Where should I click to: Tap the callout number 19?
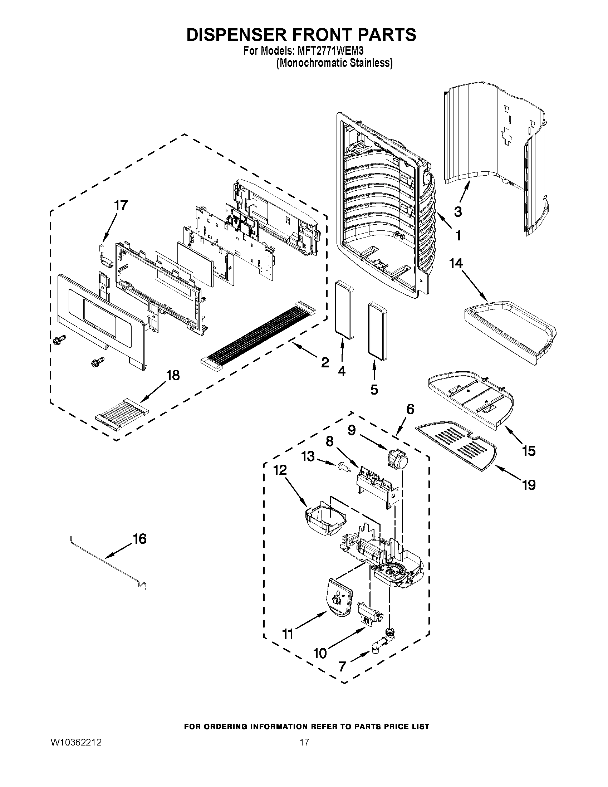click(528, 485)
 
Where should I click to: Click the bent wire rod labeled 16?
click(108, 561)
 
